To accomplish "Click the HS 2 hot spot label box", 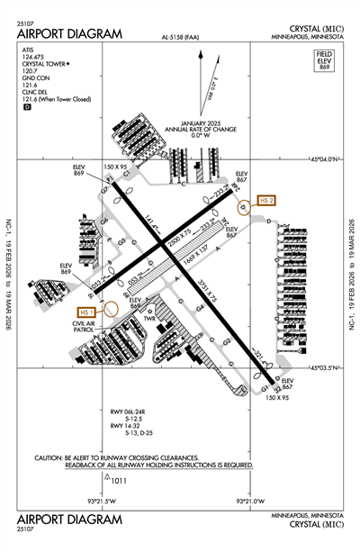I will tap(265, 200).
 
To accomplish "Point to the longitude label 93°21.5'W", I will tap(102, 502).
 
